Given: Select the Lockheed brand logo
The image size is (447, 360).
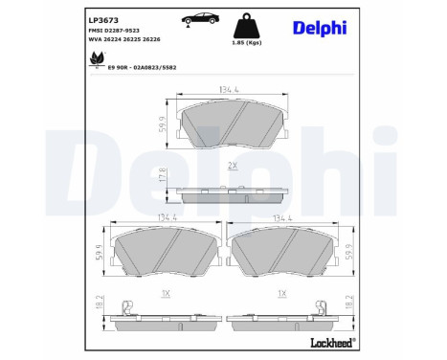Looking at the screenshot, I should click(327, 342).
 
